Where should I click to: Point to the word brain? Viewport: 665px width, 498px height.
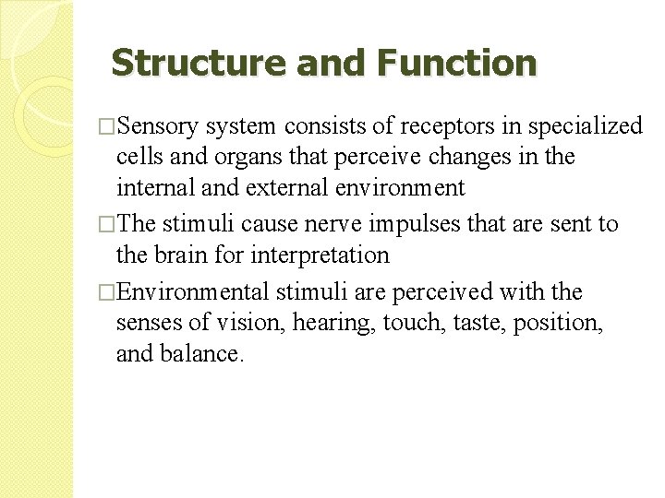coord(177,255)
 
